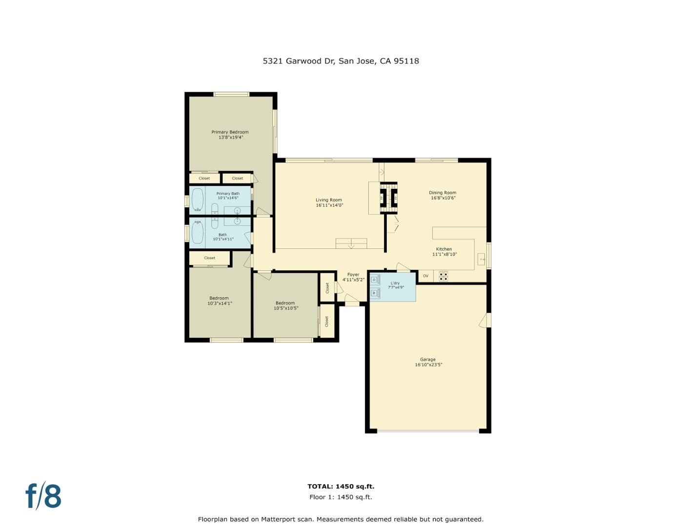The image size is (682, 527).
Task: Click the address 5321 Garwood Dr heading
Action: click(x=341, y=61)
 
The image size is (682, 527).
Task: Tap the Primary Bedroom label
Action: click(x=230, y=132)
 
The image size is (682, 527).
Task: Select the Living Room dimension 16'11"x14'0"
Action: click(x=329, y=205)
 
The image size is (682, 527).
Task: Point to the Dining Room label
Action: click(x=442, y=192)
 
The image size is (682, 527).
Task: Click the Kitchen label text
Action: click(x=443, y=249)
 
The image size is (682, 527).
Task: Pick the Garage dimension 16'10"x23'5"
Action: click(x=428, y=365)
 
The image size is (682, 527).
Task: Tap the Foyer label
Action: click(x=353, y=275)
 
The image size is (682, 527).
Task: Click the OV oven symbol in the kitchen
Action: click(x=425, y=276)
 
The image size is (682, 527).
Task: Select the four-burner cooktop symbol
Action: click(x=443, y=276)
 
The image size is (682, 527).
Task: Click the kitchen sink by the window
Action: click(x=481, y=260)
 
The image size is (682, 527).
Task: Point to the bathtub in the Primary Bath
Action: click(x=197, y=200)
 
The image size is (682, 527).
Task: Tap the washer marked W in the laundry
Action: click(x=375, y=293)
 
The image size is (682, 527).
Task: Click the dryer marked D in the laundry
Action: click(x=375, y=280)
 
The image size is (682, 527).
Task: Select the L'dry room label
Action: click(x=395, y=283)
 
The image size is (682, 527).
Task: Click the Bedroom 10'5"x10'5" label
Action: click(x=285, y=305)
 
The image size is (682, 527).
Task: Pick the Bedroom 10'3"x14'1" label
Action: click(x=219, y=301)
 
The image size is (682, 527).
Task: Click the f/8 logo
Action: click(x=43, y=496)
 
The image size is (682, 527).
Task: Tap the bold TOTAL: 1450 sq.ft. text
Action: click(x=341, y=486)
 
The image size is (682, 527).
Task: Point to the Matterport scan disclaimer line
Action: click(x=341, y=519)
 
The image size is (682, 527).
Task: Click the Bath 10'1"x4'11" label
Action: click(x=223, y=237)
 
